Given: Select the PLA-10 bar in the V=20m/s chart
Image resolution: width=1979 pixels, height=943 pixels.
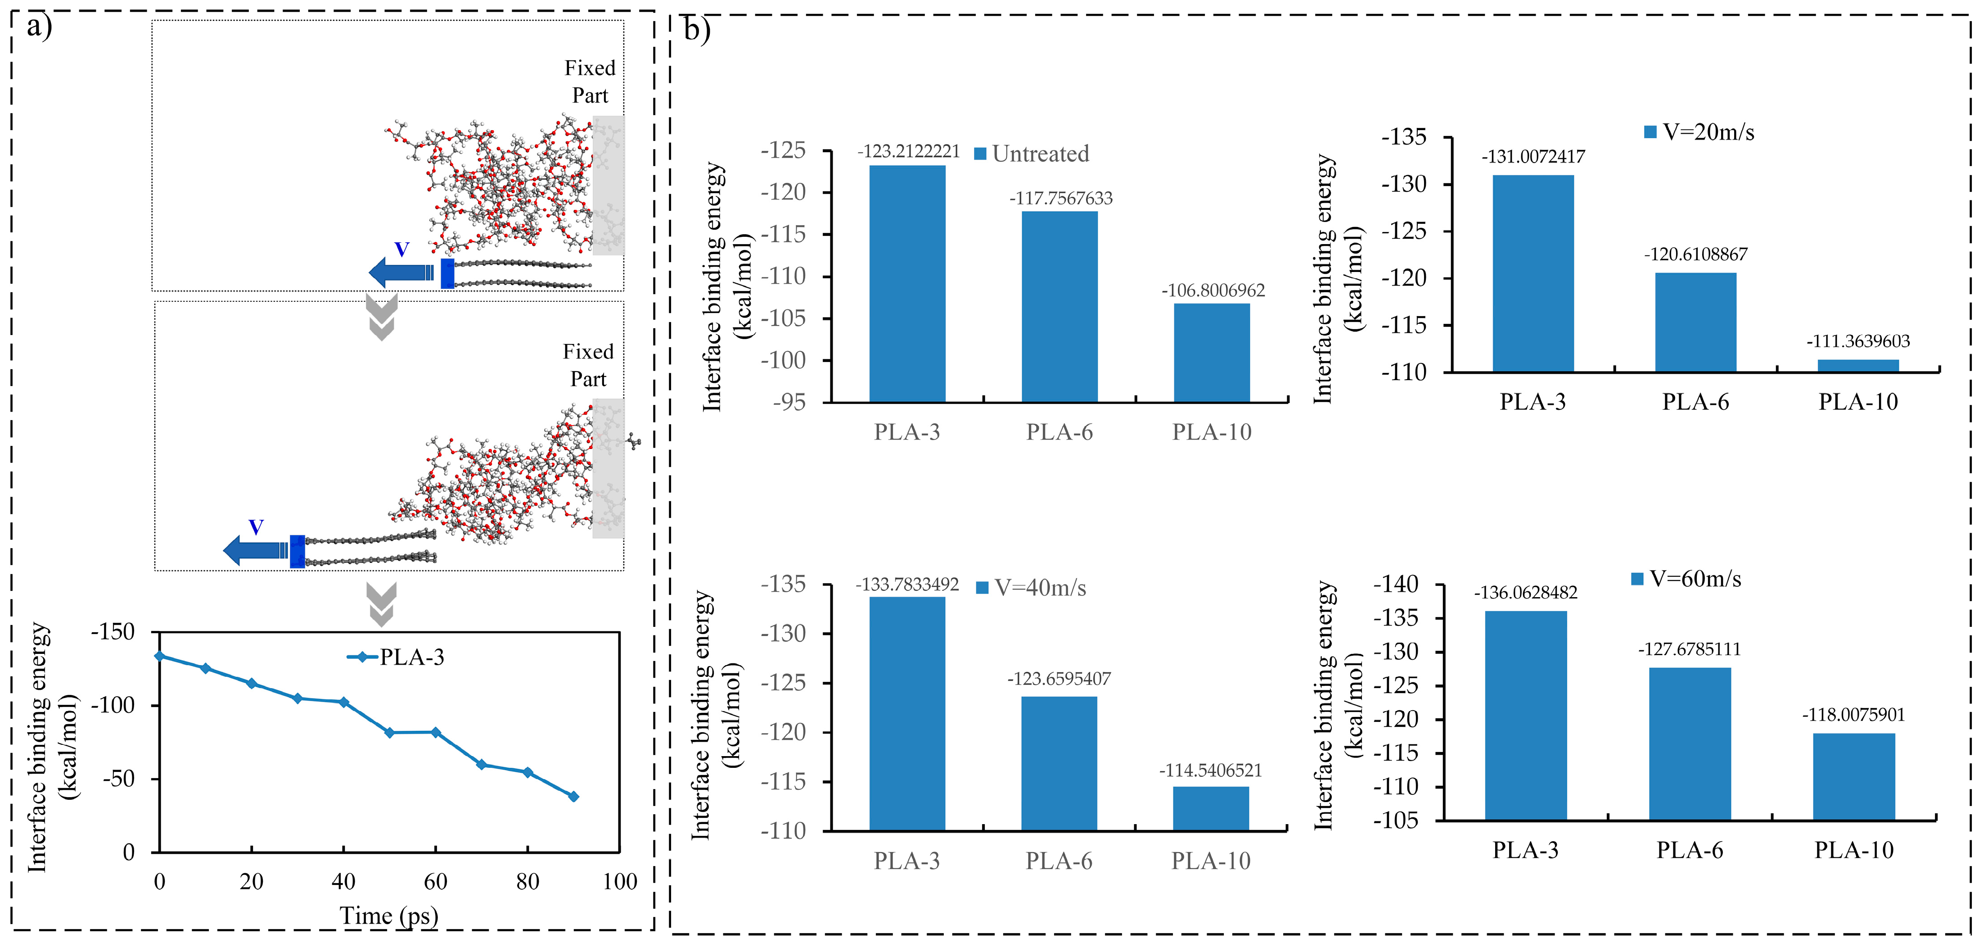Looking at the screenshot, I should pyautogui.click(x=1857, y=366).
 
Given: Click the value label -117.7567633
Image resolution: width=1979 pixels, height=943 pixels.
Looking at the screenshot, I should pyautogui.click(x=1061, y=198).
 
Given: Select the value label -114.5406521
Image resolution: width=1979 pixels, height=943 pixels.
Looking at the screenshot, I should pyautogui.click(x=1211, y=770).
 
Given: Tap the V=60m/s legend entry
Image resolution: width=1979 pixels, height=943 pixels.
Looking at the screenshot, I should pyautogui.click(x=1686, y=579).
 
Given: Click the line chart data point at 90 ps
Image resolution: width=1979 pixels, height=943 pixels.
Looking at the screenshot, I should pyautogui.click(x=573, y=796).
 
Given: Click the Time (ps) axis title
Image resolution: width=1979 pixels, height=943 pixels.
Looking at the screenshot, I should pyautogui.click(x=389, y=916).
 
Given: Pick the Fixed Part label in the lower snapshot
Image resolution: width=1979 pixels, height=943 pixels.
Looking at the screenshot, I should pyautogui.click(x=588, y=365).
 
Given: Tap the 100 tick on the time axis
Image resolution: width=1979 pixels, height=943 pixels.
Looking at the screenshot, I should pyautogui.click(x=619, y=881).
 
